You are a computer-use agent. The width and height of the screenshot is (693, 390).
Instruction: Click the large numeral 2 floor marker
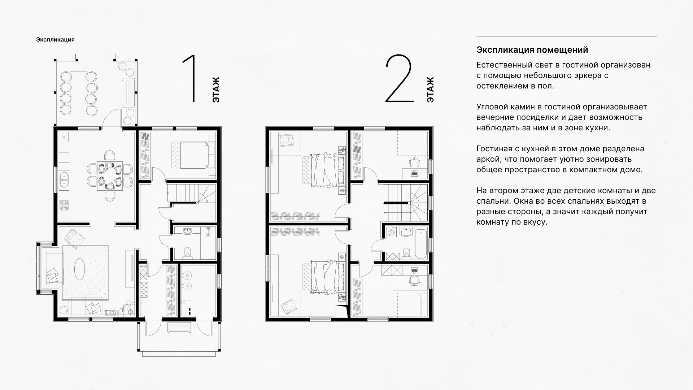pyautogui.click(x=399, y=79)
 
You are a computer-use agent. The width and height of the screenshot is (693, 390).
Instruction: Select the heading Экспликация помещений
pyautogui.click(x=532, y=50)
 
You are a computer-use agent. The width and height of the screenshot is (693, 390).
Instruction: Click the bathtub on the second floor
pyautogui.click(x=421, y=243)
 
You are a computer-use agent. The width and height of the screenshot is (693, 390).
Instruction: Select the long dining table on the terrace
pyautogui.click(x=79, y=94)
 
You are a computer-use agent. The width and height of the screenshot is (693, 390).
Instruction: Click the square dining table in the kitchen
pyautogui.click(x=110, y=175)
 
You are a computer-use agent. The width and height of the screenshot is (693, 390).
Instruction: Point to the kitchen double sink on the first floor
pyautogui.click(x=64, y=180)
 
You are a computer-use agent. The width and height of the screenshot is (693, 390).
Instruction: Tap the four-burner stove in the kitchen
pyautogui.click(x=64, y=206)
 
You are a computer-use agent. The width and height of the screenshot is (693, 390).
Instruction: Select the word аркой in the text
pyautogui.click(x=488, y=160)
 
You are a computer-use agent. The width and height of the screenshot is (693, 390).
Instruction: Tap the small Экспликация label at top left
pyautogui.click(x=55, y=40)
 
